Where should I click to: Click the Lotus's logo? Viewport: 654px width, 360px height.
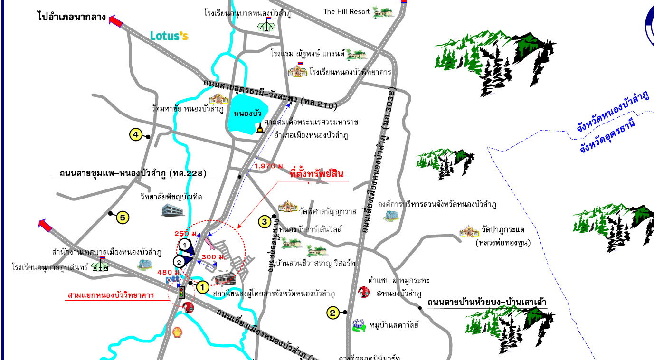[169, 36]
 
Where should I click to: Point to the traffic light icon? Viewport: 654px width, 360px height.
[181, 292]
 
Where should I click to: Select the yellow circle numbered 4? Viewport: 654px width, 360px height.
[135, 135]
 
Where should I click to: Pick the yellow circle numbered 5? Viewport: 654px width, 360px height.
[123, 218]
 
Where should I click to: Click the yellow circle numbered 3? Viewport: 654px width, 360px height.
[265, 221]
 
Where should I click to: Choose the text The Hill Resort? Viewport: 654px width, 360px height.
[346, 11]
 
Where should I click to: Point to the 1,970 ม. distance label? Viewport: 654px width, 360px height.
[270, 166]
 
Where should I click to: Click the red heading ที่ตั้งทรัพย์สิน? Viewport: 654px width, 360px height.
[316, 174]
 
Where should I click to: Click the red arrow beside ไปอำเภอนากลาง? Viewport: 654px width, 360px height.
[115, 20]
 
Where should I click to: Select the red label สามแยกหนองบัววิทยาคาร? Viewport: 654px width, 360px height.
[111, 295]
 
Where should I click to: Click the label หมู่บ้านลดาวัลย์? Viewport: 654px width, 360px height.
[394, 325]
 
